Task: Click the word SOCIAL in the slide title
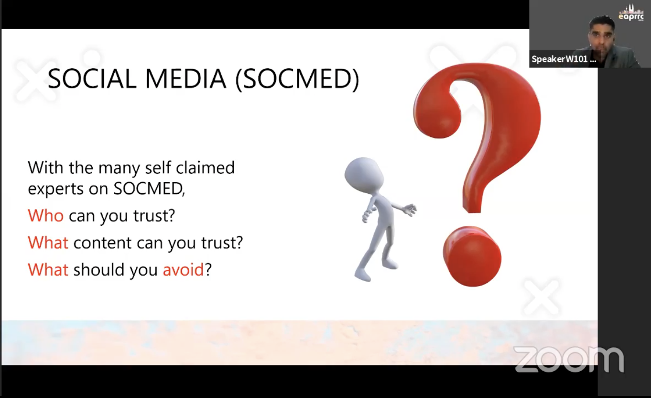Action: [92, 78]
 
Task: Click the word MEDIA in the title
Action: [185, 78]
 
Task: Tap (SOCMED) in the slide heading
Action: [297, 79]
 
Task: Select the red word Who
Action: [45, 216]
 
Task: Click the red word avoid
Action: [183, 269]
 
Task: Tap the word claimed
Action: [206, 167]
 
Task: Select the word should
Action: [99, 269]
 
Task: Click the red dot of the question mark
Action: [472, 256]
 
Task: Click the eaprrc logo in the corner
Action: [631, 13]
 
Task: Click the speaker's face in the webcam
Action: [602, 36]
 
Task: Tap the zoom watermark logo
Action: [569, 360]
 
